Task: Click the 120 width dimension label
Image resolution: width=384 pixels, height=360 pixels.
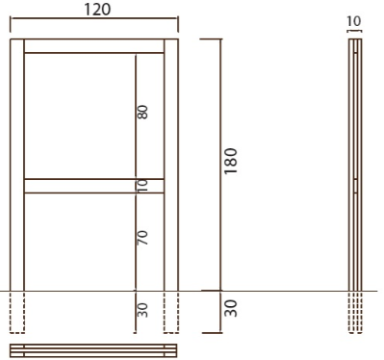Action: coord(97,10)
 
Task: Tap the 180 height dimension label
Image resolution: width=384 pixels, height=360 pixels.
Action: coord(231,161)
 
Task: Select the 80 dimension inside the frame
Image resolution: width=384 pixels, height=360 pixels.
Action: coord(142,112)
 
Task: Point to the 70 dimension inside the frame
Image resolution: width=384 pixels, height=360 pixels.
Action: coord(142,238)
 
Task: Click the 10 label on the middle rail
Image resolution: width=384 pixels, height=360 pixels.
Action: coord(142,186)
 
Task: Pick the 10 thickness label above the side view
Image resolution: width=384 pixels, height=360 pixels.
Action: coord(354,21)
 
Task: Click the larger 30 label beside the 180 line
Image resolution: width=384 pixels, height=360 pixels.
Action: coord(231,308)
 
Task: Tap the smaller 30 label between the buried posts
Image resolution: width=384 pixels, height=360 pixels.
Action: coord(142,310)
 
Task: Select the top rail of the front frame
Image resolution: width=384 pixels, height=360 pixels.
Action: coord(94,46)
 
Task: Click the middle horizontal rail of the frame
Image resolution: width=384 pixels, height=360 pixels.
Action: coord(94,186)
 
